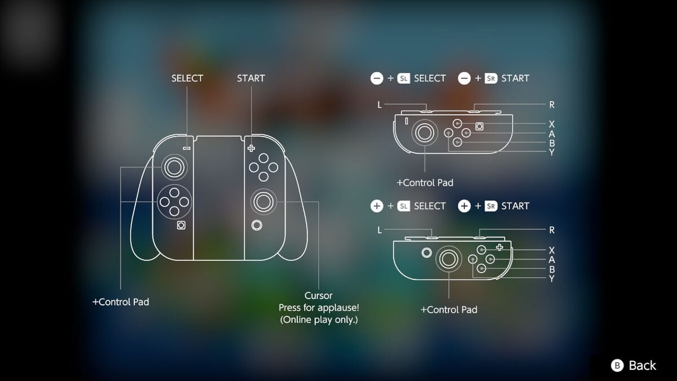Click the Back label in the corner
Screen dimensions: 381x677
tap(643, 366)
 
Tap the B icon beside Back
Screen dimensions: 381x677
tap(617, 366)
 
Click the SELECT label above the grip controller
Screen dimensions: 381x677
tap(187, 78)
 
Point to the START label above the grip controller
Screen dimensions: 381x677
tap(250, 78)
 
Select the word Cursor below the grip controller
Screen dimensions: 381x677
tap(318, 295)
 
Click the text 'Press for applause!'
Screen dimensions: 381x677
tap(318, 308)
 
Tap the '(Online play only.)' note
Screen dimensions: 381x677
tap(318, 320)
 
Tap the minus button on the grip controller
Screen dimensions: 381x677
tap(187, 148)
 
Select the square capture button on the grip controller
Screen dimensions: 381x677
tap(181, 225)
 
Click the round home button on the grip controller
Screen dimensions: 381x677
tap(257, 225)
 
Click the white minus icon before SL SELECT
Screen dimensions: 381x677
tap(377, 78)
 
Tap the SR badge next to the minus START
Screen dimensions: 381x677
tap(491, 78)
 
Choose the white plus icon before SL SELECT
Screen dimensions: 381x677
tap(377, 206)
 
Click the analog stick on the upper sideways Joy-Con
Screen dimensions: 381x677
tap(425, 133)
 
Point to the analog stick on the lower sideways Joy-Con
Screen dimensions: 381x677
tap(449, 259)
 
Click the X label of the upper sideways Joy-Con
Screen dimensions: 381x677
tap(552, 124)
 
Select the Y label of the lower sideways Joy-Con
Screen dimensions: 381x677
tap(552, 278)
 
